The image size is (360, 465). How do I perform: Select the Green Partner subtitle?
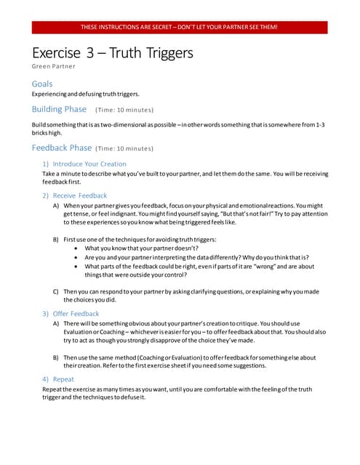click(53, 67)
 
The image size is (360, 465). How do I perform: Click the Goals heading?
click(42, 84)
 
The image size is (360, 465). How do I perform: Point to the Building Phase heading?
click(59, 110)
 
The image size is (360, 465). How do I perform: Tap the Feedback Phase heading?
click(62, 147)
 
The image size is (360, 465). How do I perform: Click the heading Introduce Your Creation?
click(88, 164)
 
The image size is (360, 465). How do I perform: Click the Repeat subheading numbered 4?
click(64, 379)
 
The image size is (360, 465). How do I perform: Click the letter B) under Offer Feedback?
click(56, 357)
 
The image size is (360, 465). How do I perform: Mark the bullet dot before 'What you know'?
click(78, 248)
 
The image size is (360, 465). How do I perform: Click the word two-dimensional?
click(113, 125)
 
